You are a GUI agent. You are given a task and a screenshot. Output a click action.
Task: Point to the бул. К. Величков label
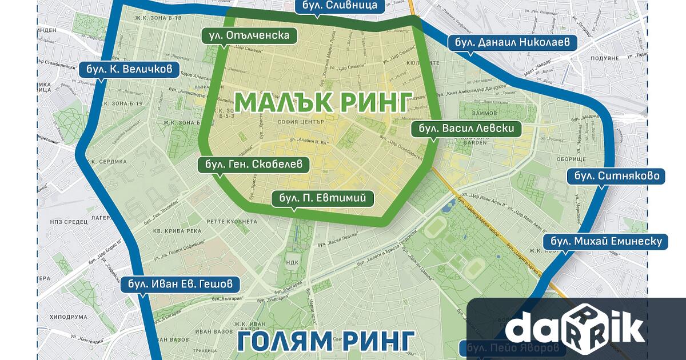point(129,70)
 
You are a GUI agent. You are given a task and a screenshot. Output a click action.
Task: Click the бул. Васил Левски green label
point(466,128)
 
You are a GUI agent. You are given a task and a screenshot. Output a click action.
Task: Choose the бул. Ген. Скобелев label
point(253,165)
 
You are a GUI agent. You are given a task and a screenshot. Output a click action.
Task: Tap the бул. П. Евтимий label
point(323,198)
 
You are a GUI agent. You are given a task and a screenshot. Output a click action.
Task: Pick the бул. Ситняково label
point(616,175)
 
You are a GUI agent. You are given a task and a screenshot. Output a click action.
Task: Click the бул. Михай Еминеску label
point(604,241)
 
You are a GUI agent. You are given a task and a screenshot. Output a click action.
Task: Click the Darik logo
point(575,329)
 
